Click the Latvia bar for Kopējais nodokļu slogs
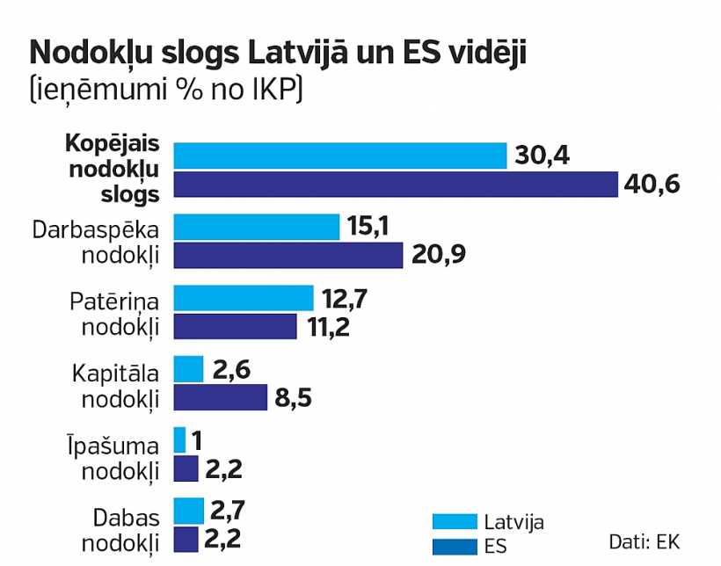pyautogui.click(x=340, y=156)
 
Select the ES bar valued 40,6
pyautogui.click(x=396, y=185)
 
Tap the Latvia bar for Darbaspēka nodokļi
pyautogui.click(x=257, y=227)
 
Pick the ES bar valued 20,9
pyautogui.click(x=288, y=256)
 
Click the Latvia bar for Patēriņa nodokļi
pyautogui.click(x=244, y=298)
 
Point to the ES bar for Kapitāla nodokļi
pyautogui.click(x=220, y=397)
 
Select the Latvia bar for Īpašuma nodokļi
pyautogui.click(x=180, y=439)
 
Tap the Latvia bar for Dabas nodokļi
pyautogui.click(x=188, y=511)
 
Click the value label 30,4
pyautogui.click(x=542, y=156)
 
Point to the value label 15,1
pyautogui.click(x=370, y=227)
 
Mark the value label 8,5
pyautogui.click(x=293, y=398)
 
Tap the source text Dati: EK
pyautogui.click(x=644, y=541)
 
